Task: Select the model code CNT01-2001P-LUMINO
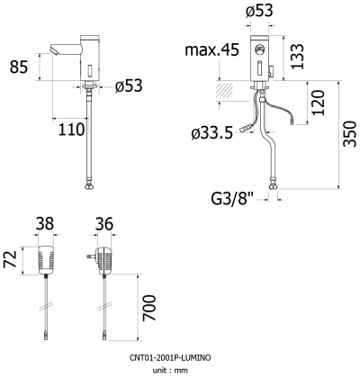(x=179, y=358)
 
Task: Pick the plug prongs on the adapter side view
(x=90, y=256)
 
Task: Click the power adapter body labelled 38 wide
(x=45, y=262)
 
